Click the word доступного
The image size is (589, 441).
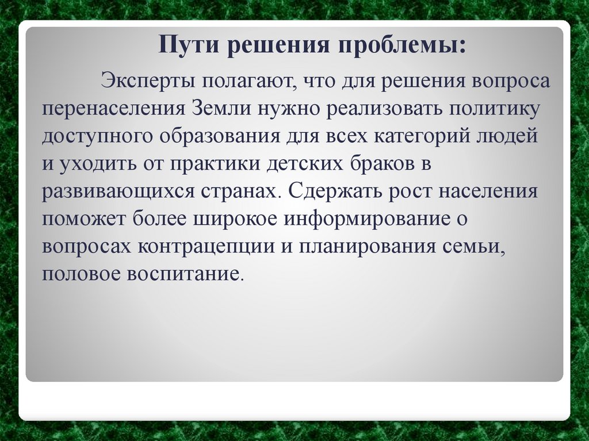pyautogui.click(x=98, y=136)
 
